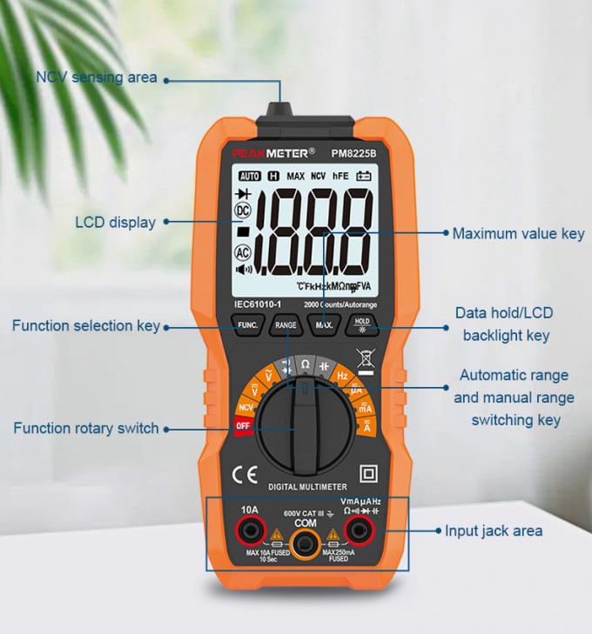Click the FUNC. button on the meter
(246, 326)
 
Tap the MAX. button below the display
(324, 326)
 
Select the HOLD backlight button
(361, 325)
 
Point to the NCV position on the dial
(246, 405)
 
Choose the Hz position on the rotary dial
(342, 377)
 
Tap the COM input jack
(303, 545)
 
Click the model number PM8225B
(354, 154)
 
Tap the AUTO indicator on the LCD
(250, 176)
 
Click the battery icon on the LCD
(362, 176)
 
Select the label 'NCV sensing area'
(97, 77)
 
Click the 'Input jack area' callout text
(494, 530)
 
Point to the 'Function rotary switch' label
(85, 428)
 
